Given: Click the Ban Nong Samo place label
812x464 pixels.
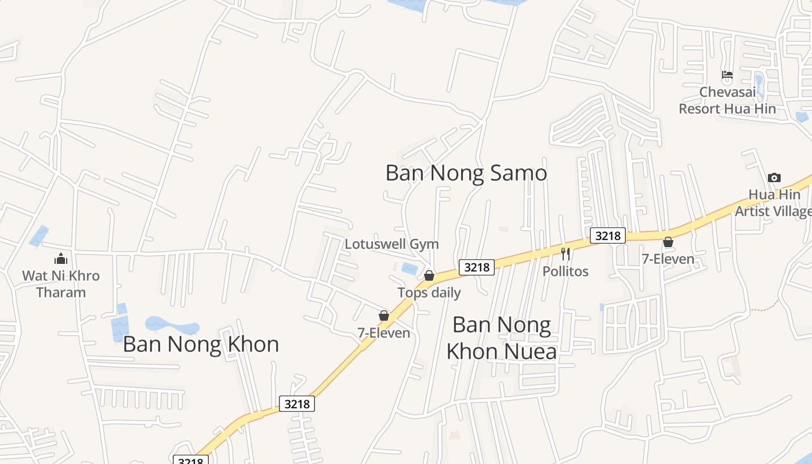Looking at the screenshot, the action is (466, 173).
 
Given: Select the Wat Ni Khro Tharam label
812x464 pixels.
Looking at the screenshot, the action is (61, 284).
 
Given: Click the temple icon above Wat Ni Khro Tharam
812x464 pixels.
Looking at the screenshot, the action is (61, 259).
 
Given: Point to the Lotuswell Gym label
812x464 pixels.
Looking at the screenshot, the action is (391, 244).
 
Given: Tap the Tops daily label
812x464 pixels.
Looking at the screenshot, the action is (429, 293).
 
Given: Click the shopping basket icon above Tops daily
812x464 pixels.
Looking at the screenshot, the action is (429, 275).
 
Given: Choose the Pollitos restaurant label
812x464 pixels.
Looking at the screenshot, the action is (565, 271).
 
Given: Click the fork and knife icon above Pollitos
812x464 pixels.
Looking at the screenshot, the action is (565, 253).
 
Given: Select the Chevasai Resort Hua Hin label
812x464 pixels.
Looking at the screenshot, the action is (727, 100).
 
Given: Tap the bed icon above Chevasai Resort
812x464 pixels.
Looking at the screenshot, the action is (727, 75).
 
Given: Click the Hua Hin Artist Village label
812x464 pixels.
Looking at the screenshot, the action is (774, 203).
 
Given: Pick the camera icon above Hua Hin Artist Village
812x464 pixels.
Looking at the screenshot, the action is (774, 178).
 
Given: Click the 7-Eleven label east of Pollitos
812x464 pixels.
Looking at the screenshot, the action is (668, 259).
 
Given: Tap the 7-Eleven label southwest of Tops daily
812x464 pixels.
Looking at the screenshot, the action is (383, 333).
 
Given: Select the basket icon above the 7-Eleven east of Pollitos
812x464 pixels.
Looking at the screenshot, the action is (668, 242).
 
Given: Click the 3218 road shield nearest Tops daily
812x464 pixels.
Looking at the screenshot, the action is (477, 267).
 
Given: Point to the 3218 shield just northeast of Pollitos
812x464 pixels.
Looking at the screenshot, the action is (608, 235).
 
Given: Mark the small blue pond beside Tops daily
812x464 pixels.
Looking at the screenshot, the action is (409, 269).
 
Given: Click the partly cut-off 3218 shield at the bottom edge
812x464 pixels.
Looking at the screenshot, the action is (191, 461).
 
